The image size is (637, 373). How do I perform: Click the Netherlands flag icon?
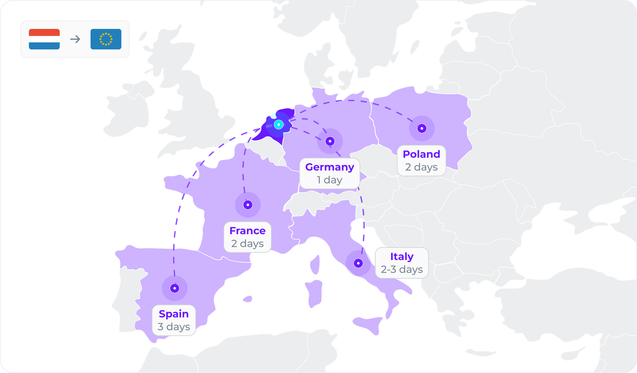(44, 39)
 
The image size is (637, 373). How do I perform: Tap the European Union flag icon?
(106, 39)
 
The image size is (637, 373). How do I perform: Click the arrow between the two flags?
(75, 39)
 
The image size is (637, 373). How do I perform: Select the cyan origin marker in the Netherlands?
(278, 125)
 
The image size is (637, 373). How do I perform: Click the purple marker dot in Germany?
(330, 141)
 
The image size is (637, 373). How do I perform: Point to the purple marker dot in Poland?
(422, 128)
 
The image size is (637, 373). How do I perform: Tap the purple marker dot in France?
(248, 205)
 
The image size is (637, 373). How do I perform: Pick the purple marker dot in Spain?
(175, 288)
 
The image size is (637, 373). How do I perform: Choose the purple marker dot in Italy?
(358, 263)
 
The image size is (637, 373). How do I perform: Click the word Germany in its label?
(330, 167)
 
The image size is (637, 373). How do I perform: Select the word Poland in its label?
(421, 154)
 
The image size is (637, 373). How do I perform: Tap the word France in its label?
(247, 231)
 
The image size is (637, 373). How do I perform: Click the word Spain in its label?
(174, 314)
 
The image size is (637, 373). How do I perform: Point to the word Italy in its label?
(402, 257)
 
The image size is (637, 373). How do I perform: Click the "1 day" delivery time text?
(330, 180)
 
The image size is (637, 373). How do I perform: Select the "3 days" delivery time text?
(174, 327)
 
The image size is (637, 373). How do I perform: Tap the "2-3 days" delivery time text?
(402, 269)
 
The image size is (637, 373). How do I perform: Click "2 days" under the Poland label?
(421, 167)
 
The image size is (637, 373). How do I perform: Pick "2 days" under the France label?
(247, 244)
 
